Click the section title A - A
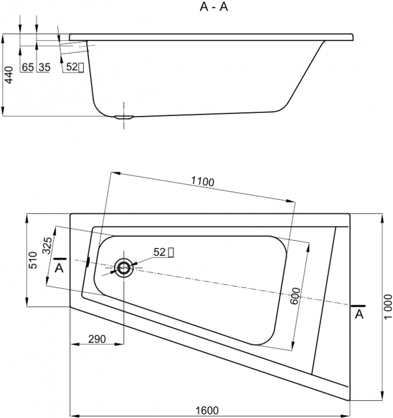coord(214,7)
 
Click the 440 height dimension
coord(8,75)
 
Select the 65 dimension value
coord(28,67)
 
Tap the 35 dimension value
coord(44,67)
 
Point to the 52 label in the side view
coord(72,67)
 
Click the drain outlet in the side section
coord(124,117)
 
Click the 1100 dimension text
coord(203,181)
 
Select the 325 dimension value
coord(48,245)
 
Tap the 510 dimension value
coord(32,260)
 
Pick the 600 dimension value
coord(295,296)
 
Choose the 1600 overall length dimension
coord(207,411)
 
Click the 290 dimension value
coord(97,339)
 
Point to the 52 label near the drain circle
coord(159,252)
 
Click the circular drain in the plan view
coord(124,267)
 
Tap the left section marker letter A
coord(59,268)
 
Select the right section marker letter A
coord(359,315)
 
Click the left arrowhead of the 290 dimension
coord(75,344)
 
